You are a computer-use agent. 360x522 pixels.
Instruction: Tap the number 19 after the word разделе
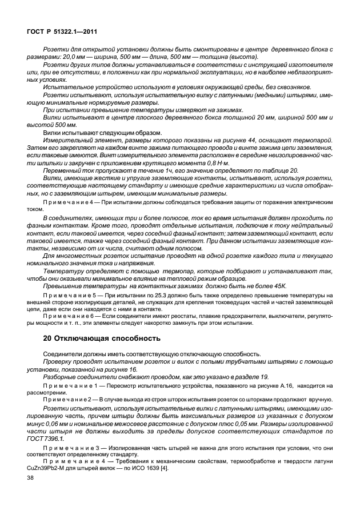click(x=260, y=378)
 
